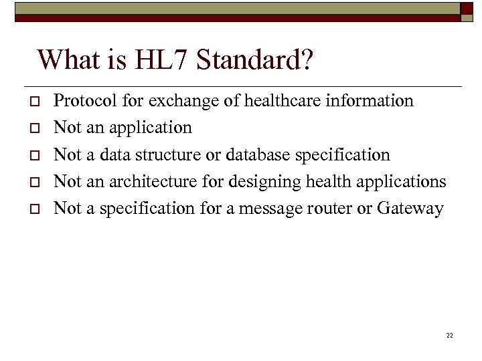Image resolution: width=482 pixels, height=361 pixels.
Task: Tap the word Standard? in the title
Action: point(254,60)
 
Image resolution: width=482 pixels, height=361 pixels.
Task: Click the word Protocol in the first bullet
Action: point(78,101)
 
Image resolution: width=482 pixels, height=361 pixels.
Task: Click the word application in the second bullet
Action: point(151,128)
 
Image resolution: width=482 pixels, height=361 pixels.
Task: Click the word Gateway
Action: point(410,209)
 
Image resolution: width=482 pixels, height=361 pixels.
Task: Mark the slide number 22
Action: point(449,335)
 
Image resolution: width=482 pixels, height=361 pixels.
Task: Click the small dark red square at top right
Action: point(467,8)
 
